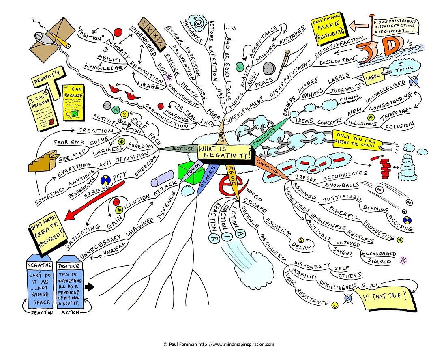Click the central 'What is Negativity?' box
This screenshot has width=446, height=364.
[225, 153]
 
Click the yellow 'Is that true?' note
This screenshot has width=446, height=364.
[386, 297]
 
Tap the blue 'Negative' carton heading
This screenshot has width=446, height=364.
[39, 265]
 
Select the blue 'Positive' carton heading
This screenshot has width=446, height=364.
[69, 266]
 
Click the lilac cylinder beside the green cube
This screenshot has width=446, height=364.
[162, 179]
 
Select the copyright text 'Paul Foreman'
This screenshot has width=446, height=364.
[182, 345]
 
